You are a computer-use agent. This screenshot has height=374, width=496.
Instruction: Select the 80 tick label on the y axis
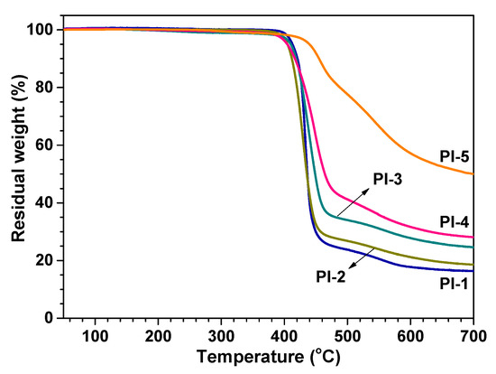point(29,88)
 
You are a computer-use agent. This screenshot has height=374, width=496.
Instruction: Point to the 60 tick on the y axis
point(29,145)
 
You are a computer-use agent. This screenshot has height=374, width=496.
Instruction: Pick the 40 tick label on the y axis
point(29,203)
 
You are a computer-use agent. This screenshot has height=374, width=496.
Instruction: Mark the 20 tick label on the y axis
point(29,261)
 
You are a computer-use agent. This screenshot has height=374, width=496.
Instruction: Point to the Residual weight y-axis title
point(11,172)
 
